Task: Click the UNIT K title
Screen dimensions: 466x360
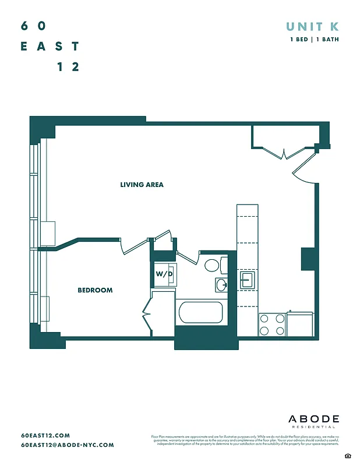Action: (x=312, y=26)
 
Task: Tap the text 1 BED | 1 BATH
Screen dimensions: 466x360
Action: (x=315, y=40)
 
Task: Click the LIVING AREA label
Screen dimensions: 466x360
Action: (x=142, y=185)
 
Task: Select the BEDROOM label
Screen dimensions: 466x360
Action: (x=95, y=290)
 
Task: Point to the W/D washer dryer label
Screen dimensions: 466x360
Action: (x=163, y=273)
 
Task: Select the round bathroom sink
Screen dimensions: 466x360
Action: (x=221, y=284)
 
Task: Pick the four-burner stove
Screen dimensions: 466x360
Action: (x=271, y=324)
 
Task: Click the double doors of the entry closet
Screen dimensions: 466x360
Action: (x=283, y=153)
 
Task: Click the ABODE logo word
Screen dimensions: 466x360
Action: (x=313, y=419)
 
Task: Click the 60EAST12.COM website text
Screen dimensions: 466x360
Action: (x=45, y=435)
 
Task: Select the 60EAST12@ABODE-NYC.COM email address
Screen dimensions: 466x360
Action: (x=68, y=445)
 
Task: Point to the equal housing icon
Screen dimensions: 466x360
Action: (x=348, y=455)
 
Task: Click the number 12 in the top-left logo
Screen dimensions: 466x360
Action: (x=68, y=66)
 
